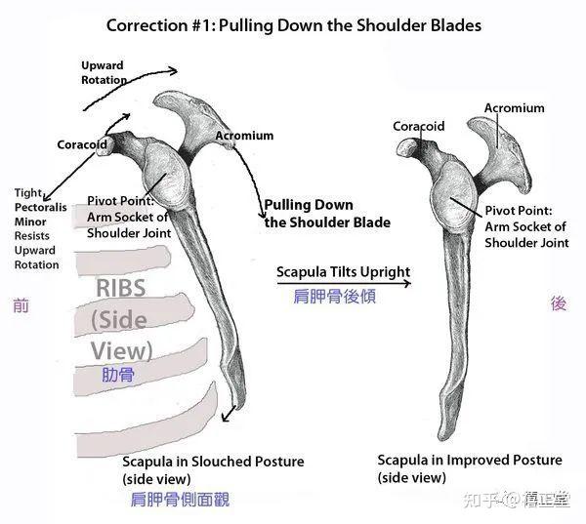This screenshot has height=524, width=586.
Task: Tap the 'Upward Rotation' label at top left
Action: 104,72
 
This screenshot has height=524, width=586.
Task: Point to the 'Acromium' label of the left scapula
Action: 243,136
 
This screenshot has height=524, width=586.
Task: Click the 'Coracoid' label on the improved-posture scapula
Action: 418,126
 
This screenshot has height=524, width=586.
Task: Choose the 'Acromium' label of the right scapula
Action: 514,107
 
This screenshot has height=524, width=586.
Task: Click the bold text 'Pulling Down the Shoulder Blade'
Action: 327,214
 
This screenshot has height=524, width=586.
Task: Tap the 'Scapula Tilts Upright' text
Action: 342,271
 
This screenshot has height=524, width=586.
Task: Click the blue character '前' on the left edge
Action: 21,305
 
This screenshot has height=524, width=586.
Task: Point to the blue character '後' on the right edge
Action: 559,303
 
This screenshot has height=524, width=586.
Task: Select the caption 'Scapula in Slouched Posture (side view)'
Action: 212,469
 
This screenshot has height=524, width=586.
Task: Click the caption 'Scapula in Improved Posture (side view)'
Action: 469,468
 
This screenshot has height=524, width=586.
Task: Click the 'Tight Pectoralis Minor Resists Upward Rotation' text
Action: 37,228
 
